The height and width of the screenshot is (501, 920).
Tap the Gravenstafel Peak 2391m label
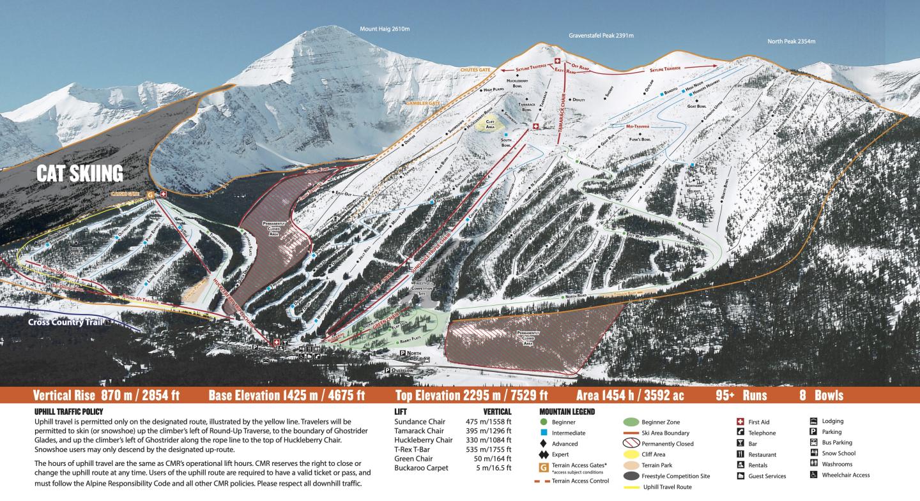[601, 36]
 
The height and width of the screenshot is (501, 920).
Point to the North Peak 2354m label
[791, 41]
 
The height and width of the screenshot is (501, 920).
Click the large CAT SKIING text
[79, 174]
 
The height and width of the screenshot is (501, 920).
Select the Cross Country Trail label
[65, 322]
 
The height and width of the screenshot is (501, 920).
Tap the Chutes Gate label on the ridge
[475, 69]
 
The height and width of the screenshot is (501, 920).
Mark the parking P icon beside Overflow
[388, 370]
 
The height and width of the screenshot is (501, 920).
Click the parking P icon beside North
[402, 353]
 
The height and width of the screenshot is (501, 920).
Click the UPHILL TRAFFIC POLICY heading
[68, 412]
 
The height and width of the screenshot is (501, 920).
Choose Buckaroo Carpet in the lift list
[422, 467]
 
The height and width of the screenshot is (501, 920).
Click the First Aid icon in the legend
[740, 422]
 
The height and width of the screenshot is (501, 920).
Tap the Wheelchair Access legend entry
[845, 475]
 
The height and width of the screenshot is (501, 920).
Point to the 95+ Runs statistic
[741, 395]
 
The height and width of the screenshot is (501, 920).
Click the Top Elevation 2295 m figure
[471, 395]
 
